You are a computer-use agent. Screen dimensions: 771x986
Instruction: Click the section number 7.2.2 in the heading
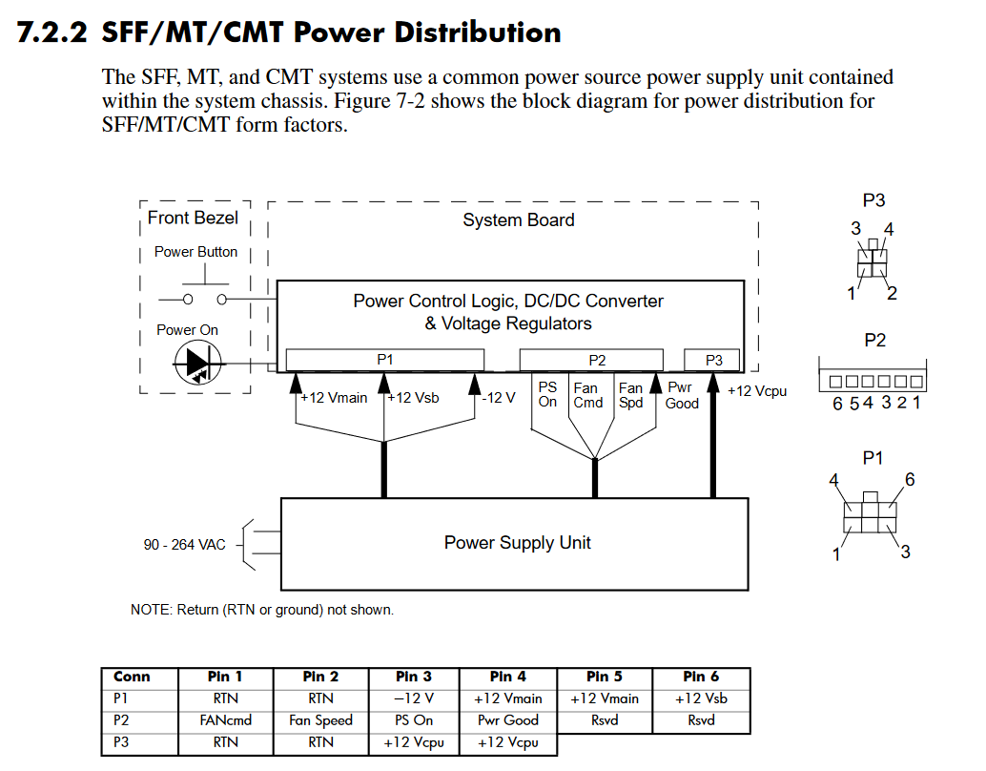tap(52, 32)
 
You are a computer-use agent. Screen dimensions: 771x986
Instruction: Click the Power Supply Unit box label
tap(517, 543)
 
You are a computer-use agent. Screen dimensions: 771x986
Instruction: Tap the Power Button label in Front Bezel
tap(195, 252)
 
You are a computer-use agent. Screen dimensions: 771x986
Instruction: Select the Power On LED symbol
tap(197, 364)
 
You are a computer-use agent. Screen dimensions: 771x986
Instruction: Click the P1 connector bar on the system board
tap(384, 360)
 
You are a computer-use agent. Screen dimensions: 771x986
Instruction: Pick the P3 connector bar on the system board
tap(713, 360)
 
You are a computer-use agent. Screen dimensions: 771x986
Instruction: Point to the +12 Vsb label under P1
tap(414, 398)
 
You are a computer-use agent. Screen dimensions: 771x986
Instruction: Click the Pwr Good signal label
tap(682, 396)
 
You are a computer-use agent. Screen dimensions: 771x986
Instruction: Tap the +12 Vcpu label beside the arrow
tap(757, 391)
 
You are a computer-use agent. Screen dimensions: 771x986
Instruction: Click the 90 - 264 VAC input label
tap(185, 544)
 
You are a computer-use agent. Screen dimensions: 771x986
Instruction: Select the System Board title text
tap(518, 220)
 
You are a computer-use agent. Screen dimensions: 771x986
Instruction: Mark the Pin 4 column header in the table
tap(508, 677)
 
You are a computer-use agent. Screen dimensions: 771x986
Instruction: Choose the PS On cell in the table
tap(415, 720)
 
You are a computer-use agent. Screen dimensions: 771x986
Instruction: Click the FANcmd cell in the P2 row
tap(226, 720)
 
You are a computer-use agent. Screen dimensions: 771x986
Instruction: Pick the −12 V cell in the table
tap(415, 698)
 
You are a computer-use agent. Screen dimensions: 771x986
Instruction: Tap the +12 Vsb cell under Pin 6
tap(701, 698)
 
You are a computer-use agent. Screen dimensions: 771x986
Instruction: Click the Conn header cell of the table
tap(132, 677)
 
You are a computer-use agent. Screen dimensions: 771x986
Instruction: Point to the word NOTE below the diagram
tap(151, 610)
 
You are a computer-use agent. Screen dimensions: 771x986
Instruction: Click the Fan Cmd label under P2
tap(587, 396)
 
